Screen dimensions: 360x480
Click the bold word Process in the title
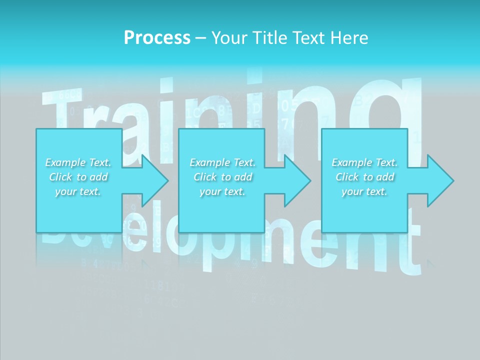157,38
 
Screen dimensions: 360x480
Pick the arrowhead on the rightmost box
439,180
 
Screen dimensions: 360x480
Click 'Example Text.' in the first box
78,162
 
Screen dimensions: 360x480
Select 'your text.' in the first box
78,191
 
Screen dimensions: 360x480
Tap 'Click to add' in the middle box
222,177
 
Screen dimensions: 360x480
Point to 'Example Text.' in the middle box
222,162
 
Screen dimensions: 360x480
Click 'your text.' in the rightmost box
364,191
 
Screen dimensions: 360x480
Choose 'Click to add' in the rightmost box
364,177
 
